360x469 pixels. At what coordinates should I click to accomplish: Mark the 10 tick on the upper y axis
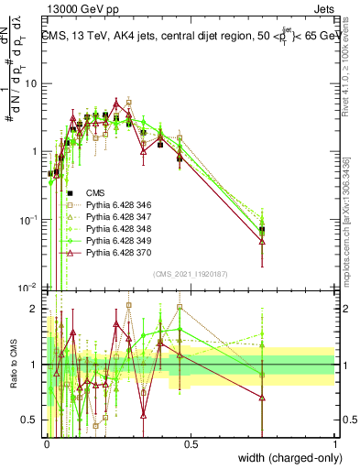click(x=34, y=83)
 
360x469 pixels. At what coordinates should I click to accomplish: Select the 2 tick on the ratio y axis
click(x=38, y=308)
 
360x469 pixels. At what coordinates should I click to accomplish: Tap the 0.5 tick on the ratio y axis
click(x=34, y=420)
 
